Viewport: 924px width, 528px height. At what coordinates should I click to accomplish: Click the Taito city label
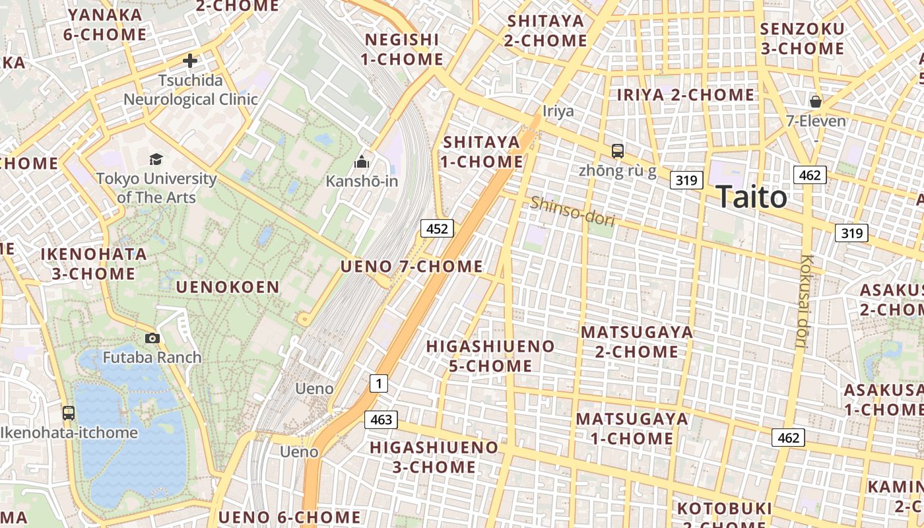click(751, 197)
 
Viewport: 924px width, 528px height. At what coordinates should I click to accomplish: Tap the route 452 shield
click(437, 229)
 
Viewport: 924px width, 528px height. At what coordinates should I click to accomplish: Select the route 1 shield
click(378, 383)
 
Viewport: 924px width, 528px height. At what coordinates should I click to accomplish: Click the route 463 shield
click(381, 419)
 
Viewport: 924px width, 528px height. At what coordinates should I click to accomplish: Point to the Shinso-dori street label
click(572, 211)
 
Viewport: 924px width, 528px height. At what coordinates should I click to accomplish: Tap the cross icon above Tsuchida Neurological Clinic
click(190, 61)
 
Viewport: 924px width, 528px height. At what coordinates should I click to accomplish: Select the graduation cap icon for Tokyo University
click(156, 159)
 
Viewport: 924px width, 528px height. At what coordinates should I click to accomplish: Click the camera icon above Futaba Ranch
click(152, 339)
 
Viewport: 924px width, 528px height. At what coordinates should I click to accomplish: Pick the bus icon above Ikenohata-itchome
click(69, 413)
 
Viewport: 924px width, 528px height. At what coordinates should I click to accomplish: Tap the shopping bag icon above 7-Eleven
click(816, 102)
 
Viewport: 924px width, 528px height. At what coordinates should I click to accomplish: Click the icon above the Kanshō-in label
click(362, 162)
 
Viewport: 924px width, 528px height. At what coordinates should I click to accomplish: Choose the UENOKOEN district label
click(228, 287)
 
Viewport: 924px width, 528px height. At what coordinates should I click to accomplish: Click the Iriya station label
click(558, 111)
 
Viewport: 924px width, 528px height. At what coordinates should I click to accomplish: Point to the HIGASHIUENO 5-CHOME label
click(490, 356)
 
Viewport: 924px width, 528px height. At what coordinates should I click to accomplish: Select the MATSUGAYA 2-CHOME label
click(637, 342)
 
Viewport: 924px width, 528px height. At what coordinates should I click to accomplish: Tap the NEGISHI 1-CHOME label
click(401, 49)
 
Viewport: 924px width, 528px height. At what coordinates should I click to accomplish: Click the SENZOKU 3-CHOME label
click(802, 39)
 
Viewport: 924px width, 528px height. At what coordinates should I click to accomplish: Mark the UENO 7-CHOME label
click(411, 267)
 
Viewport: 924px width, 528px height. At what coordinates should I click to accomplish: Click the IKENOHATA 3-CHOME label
click(94, 264)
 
